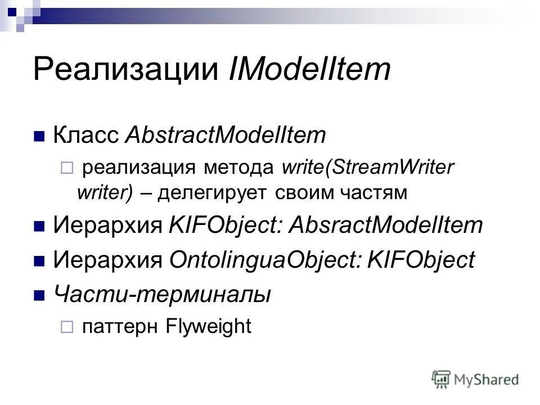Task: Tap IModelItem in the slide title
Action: click(309, 70)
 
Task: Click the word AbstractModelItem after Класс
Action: click(226, 135)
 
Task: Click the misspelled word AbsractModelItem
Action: click(386, 226)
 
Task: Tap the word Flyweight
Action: click(209, 326)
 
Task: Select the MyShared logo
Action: click(475, 378)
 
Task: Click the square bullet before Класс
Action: click(39, 137)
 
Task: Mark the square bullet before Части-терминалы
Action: click(39, 294)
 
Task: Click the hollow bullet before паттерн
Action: click(66, 327)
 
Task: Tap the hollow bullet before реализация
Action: click(66, 168)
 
